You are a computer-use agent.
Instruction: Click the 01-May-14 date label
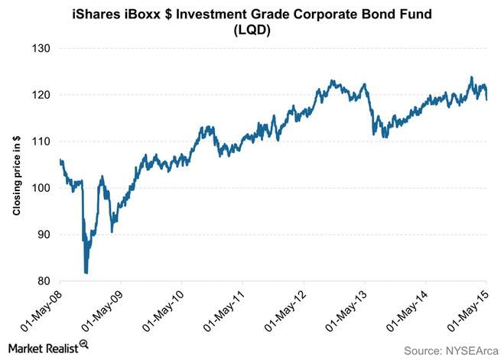point(408,310)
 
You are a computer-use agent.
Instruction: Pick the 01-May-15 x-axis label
point(469,310)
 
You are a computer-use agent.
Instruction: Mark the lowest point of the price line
point(86,272)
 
